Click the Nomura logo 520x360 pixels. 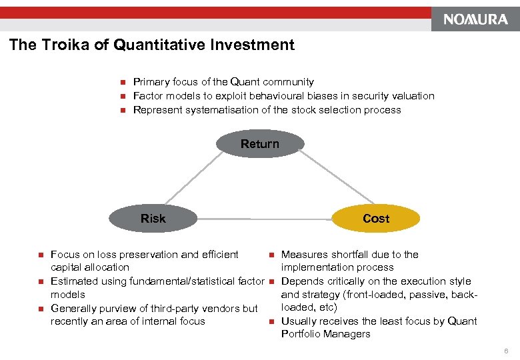pos(476,19)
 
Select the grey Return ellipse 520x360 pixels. pos(260,144)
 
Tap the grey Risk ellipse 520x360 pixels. pos(153,219)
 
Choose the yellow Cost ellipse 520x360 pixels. pos(376,219)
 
